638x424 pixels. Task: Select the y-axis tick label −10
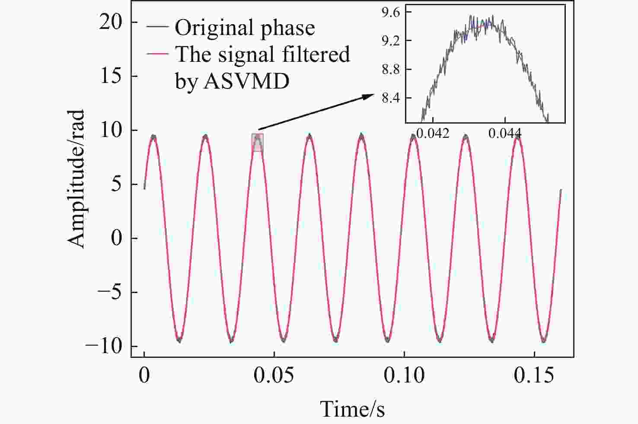coord(104,347)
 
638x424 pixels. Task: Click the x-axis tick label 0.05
coord(274,376)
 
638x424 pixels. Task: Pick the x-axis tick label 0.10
coord(404,376)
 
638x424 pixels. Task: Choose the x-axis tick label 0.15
coord(534,376)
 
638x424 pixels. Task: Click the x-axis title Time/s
coord(352,409)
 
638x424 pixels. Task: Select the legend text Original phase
coord(245,28)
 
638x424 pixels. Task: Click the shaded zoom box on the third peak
coord(258,143)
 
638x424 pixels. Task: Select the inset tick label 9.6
coord(390,12)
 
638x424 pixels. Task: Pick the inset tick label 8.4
coord(390,98)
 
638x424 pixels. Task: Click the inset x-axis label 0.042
coord(433,133)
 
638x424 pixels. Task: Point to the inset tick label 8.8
coord(390,69)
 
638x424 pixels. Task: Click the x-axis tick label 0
coord(144,376)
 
